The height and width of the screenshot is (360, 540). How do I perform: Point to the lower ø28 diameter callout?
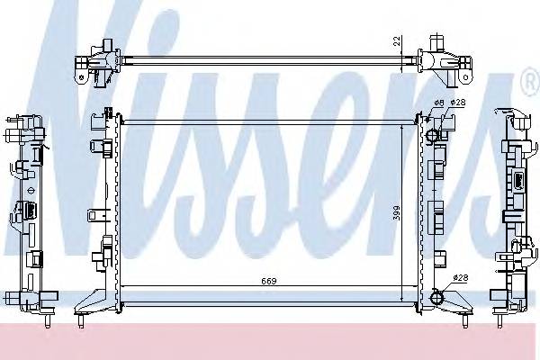(x=460, y=278)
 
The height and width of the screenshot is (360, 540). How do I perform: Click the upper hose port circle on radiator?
(x=434, y=136)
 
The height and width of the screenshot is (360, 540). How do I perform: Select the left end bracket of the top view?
(x=98, y=59)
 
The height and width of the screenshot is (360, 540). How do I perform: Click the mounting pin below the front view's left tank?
(x=82, y=319)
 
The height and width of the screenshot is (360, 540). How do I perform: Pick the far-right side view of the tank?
(x=514, y=216)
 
